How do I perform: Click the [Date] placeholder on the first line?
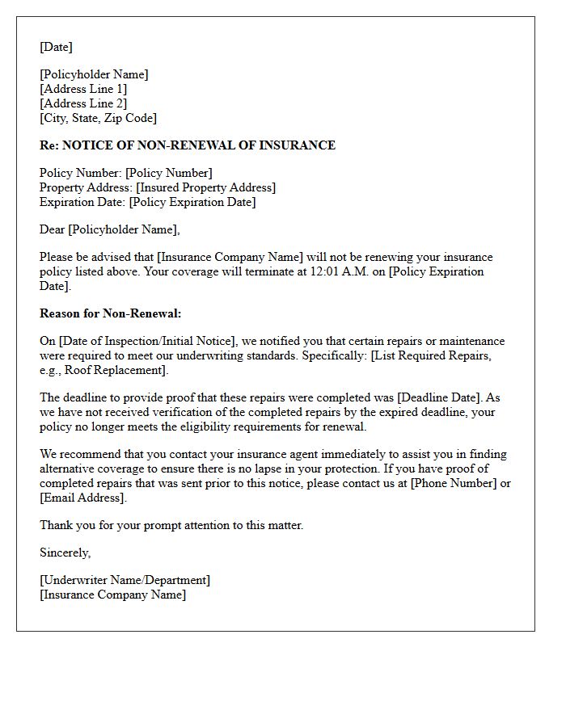coord(56,47)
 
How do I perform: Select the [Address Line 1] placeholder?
coord(83,89)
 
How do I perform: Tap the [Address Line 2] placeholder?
coord(83,103)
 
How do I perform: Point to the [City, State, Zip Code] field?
coord(98,118)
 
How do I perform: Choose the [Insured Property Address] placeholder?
coord(205,187)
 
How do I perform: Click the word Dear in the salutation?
coord(53,229)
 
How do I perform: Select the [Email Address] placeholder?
coord(83,498)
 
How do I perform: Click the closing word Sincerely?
coord(65,553)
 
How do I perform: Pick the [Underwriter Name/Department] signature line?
coord(125,580)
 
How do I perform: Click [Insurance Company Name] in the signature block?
coord(112,595)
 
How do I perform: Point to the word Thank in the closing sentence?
coord(56,525)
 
